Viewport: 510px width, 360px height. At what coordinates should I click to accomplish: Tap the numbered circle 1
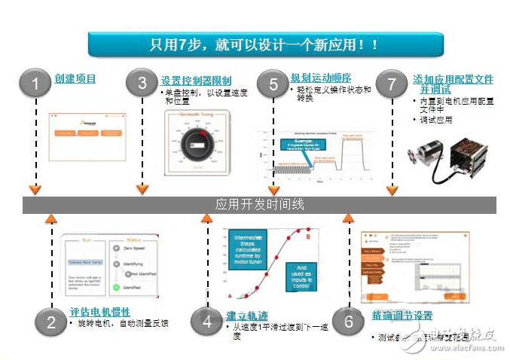35,84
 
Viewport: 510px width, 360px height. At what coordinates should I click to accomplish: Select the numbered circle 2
51,322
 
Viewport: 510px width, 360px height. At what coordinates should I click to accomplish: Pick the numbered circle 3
142,84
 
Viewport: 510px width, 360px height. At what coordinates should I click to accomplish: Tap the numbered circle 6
347,322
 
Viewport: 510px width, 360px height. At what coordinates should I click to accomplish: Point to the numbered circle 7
391,84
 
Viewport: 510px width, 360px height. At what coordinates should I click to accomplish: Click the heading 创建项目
75,78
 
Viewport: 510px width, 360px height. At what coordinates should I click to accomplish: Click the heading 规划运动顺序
320,78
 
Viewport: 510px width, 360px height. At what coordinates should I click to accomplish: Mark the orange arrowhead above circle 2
50,219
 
